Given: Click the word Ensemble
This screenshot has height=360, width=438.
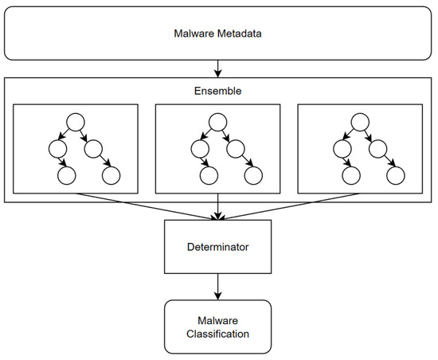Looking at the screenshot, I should pos(218,92).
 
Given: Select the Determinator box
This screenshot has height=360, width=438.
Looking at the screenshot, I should pos(218,247).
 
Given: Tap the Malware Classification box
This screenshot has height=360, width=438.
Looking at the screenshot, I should pos(218,326).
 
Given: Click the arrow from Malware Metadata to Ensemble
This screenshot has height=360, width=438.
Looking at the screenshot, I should pos(218,68).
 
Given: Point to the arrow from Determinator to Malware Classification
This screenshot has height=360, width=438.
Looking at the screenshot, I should pos(218,285).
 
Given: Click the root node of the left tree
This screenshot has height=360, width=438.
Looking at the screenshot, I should pos(75,123).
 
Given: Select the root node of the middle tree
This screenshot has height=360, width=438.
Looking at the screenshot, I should pos(217,123).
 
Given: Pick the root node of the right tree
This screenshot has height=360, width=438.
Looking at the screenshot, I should pos(359,123).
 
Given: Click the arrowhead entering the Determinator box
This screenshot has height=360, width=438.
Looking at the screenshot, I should pos(218,217).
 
